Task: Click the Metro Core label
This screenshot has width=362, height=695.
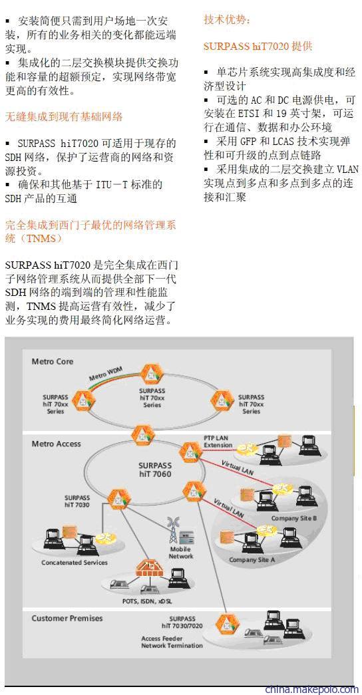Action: pos(53,362)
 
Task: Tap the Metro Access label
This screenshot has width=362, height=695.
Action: pos(57,444)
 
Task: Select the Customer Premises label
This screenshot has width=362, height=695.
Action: pos(67,618)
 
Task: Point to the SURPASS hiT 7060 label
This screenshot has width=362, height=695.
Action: pos(154,470)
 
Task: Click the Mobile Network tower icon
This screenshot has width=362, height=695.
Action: pos(173,529)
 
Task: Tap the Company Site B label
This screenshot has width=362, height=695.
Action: pos(293,518)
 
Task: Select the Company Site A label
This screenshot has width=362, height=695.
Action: pos(252,560)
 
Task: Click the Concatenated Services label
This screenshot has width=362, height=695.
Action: pos(75,563)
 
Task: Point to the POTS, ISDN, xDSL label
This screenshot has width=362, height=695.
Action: pos(147,601)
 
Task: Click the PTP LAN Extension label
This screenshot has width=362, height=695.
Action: pos(218,442)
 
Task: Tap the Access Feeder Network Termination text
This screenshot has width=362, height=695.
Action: pos(172,642)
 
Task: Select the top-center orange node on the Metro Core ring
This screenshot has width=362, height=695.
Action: pos(152,374)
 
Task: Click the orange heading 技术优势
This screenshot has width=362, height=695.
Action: pos(227,19)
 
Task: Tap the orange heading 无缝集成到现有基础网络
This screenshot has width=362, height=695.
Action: pos(64,117)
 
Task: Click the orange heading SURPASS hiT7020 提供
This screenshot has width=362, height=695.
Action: pos(258,46)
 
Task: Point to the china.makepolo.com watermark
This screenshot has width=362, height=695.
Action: pos(312,689)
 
